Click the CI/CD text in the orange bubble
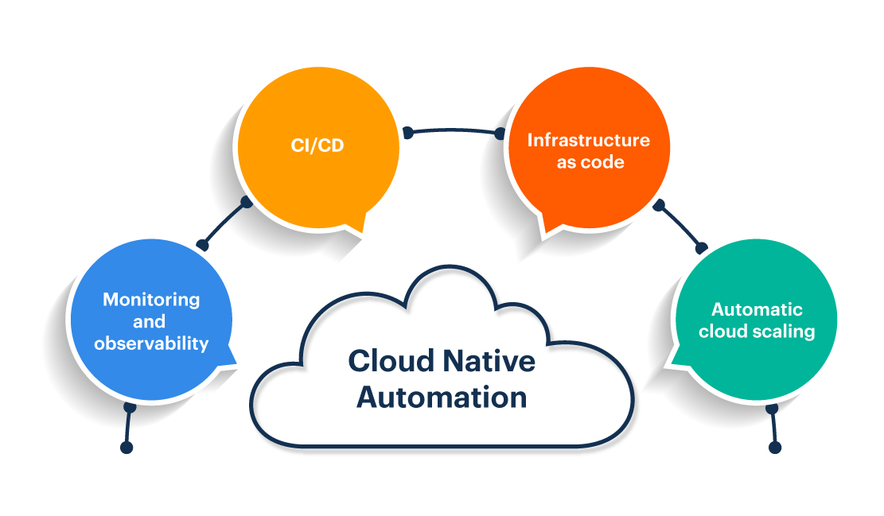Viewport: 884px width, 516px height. tap(317, 146)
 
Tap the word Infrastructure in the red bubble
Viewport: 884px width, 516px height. tap(588, 140)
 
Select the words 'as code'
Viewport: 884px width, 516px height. tap(590, 162)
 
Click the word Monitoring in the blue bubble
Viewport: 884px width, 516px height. tap(151, 300)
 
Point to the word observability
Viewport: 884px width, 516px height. tap(151, 343)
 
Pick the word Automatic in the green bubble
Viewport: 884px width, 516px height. tap(757, 309)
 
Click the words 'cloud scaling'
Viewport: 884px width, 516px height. tap(757, 332)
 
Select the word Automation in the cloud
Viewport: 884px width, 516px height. tap(442, 397)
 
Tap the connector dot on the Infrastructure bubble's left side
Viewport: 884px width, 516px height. tap(500, 134)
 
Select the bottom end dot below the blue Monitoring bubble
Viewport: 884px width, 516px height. tap(126, 448)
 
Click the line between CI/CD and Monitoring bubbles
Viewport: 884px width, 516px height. tap(224, 223)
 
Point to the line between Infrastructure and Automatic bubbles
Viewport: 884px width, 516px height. tap(680, 225)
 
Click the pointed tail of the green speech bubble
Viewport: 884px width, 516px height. tap(671, 363)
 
